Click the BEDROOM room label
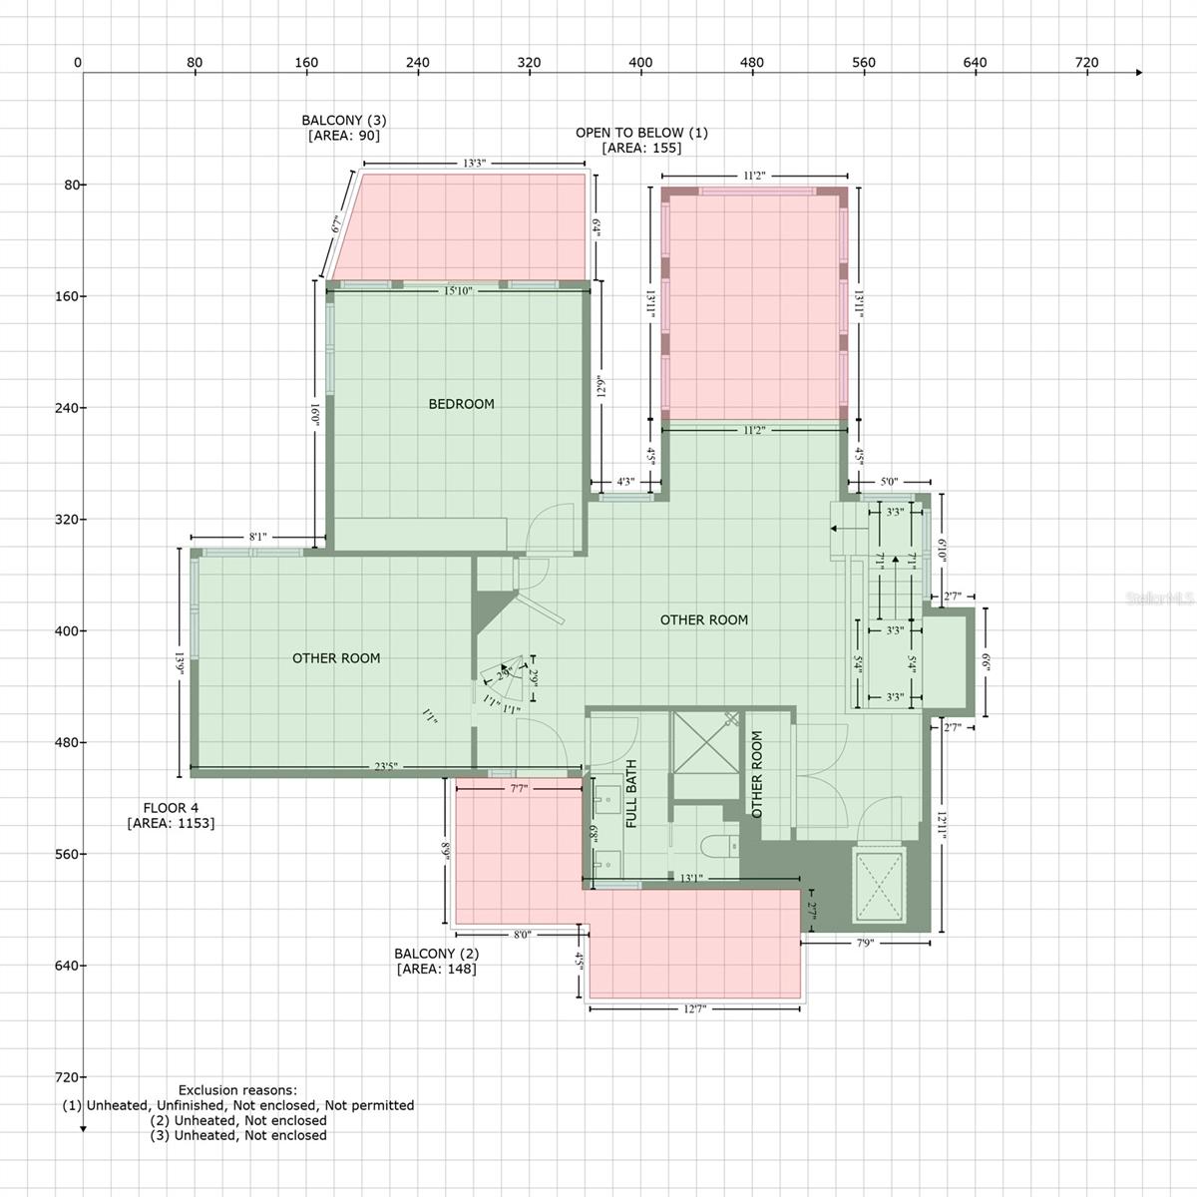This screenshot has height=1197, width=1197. (x=461, y=404)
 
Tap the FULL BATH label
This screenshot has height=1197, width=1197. (x=631, y=794)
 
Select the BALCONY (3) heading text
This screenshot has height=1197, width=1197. (x=343, y=121)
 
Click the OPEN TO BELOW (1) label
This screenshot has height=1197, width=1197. (x=641, y=133)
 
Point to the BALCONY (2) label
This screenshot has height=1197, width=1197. (x=436, y=954)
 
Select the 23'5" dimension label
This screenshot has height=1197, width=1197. (x=386, y=767)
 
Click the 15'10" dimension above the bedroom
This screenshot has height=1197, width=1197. (x=458, y=291)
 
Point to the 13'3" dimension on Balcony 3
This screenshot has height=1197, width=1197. (x=474, y=164)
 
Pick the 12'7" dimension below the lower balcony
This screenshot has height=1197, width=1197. (x=694, y=1009)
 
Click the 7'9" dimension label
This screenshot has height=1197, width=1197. (x=864, y=942)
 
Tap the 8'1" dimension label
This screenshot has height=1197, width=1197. (x=257, y=537)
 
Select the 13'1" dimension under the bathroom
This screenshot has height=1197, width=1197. (x=691, y=879)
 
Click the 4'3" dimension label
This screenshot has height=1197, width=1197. (x=625, y=482)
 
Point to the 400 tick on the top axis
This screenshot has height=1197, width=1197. (x=640, y=63)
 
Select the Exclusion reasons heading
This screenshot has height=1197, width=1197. (x=237, y=1090)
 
